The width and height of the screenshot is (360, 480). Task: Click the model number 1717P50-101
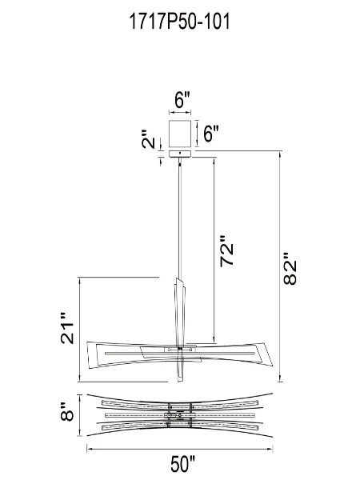180,22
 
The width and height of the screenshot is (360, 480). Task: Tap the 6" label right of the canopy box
211,134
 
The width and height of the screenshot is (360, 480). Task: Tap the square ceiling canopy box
181,131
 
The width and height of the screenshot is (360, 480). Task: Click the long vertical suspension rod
181,216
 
